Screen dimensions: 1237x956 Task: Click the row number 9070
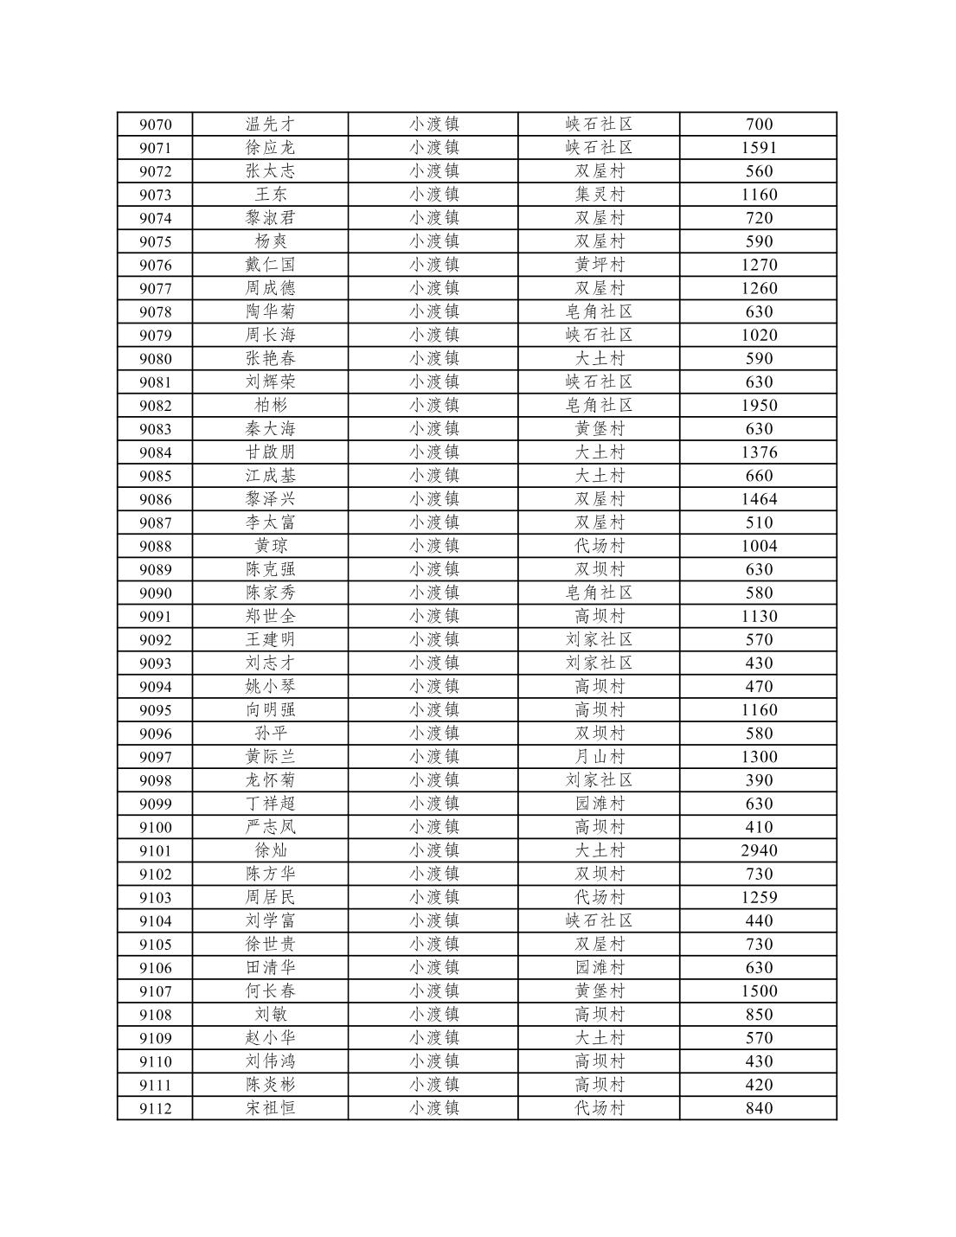click(x=155, y=125)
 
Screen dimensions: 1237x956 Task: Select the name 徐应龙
click(x=270, y=148)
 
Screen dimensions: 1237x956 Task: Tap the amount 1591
click(x=758, y=148)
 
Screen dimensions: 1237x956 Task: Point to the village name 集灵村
click(x=599, y=195)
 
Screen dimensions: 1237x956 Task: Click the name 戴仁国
click(x=270, y=265)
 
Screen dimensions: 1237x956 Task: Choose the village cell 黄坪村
click(x=599, y=265)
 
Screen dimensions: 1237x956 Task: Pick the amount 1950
click(x=758, y=406)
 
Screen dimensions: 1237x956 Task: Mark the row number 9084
click(x=155, y=452)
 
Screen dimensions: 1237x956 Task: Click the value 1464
click(x=758, y=499)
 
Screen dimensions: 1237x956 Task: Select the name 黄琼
click(x=270, y=546)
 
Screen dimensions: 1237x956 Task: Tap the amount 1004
click(x=758, y=546)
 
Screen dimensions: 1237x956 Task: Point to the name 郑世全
click(x=270, y=616)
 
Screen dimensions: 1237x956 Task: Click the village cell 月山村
click(x=599, y=757)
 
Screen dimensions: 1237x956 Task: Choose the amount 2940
click(x=758, y=850)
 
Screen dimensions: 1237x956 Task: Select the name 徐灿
click(x=270, y=850)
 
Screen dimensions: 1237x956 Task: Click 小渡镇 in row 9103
click(x=433, y=897)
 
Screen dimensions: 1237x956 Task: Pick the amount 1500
click(x=758, y=991)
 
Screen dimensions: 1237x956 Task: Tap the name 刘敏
click(x=270, y=1015)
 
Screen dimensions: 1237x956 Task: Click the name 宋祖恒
click(x=270, y=1108)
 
